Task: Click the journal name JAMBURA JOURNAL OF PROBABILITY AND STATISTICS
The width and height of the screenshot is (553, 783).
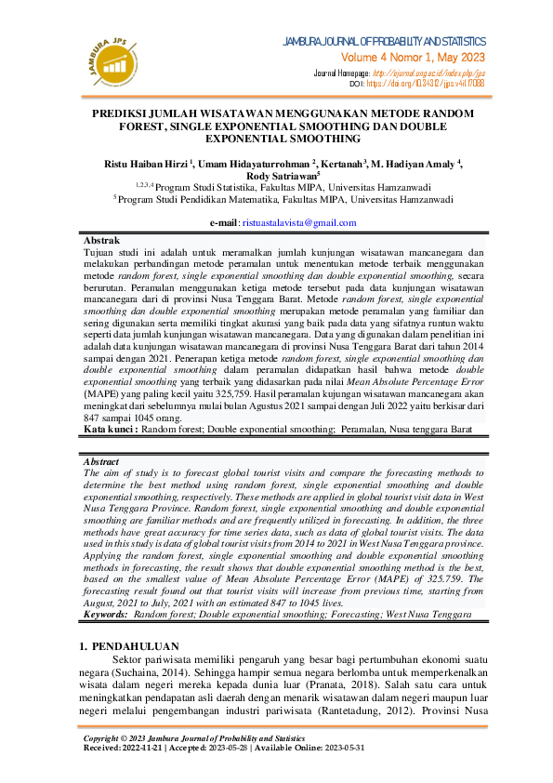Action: [383, 42]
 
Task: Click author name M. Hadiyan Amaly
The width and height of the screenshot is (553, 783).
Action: [413, 164]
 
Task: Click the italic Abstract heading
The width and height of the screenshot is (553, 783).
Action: [101, 461]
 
